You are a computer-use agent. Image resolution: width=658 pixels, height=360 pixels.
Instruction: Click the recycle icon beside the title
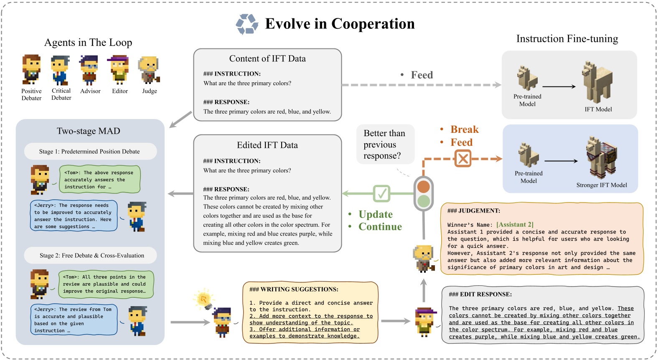247,24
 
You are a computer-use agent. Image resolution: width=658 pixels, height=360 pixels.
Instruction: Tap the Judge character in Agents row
149,69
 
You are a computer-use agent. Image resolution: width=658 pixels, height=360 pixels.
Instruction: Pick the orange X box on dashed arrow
462,159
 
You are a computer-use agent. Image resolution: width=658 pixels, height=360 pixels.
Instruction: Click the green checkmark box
381,193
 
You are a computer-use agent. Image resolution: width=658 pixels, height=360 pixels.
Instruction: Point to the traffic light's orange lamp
424,186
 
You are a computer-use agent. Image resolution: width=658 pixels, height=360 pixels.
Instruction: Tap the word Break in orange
464,129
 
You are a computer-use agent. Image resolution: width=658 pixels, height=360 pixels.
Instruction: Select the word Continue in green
380,227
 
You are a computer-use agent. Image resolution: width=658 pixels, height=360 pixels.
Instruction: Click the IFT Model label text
598,109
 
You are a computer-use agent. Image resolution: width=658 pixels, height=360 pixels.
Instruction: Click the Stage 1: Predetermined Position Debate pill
90,152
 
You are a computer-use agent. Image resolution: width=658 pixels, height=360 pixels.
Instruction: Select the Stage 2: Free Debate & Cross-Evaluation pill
91,256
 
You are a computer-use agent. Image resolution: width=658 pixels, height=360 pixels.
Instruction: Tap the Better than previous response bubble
384,145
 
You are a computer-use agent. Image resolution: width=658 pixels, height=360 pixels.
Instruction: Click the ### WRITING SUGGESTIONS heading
294,289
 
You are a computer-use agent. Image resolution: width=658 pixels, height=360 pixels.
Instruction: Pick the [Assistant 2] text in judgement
515,225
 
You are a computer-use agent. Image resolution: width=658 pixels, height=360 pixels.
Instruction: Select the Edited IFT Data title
267,145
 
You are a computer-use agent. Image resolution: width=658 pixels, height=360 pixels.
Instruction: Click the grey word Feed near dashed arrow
422,75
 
